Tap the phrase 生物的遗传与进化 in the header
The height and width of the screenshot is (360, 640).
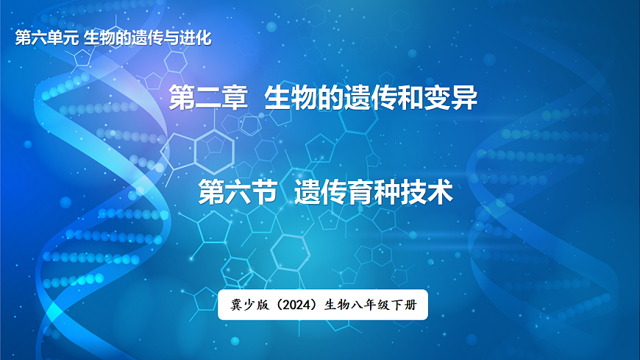(147, 38)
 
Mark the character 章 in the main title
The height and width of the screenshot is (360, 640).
(235, 99)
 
